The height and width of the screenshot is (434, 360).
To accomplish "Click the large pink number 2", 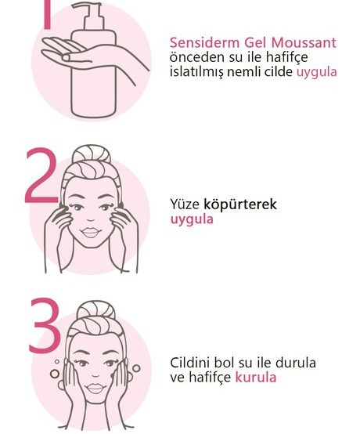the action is click(41, 175).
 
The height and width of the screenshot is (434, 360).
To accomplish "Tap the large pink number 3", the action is click(45, 325).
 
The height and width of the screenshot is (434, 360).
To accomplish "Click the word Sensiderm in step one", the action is click(204, 43).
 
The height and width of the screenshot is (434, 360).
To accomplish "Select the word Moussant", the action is click(304, 43).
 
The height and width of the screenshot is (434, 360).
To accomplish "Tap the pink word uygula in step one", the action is click(317, 73).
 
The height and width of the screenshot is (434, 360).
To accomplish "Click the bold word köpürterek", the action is click(240, 204).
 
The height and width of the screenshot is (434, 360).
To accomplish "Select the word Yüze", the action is click(185, 204).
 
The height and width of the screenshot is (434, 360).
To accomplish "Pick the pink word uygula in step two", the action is click(192, 219).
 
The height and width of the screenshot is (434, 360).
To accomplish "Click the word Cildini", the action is click(190, 363).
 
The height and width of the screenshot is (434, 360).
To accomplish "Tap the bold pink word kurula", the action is click(256, 378).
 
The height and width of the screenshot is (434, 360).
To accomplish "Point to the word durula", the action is click(296, 363).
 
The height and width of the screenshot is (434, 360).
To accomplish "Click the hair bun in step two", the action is click(92, 154).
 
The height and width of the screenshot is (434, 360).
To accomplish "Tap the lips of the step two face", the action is click(91, 232).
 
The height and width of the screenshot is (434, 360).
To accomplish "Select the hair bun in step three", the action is click(95, 310).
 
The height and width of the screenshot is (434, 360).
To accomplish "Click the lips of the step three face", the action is click(95, 388).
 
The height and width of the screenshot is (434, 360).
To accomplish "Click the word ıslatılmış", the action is click(196, 73).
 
